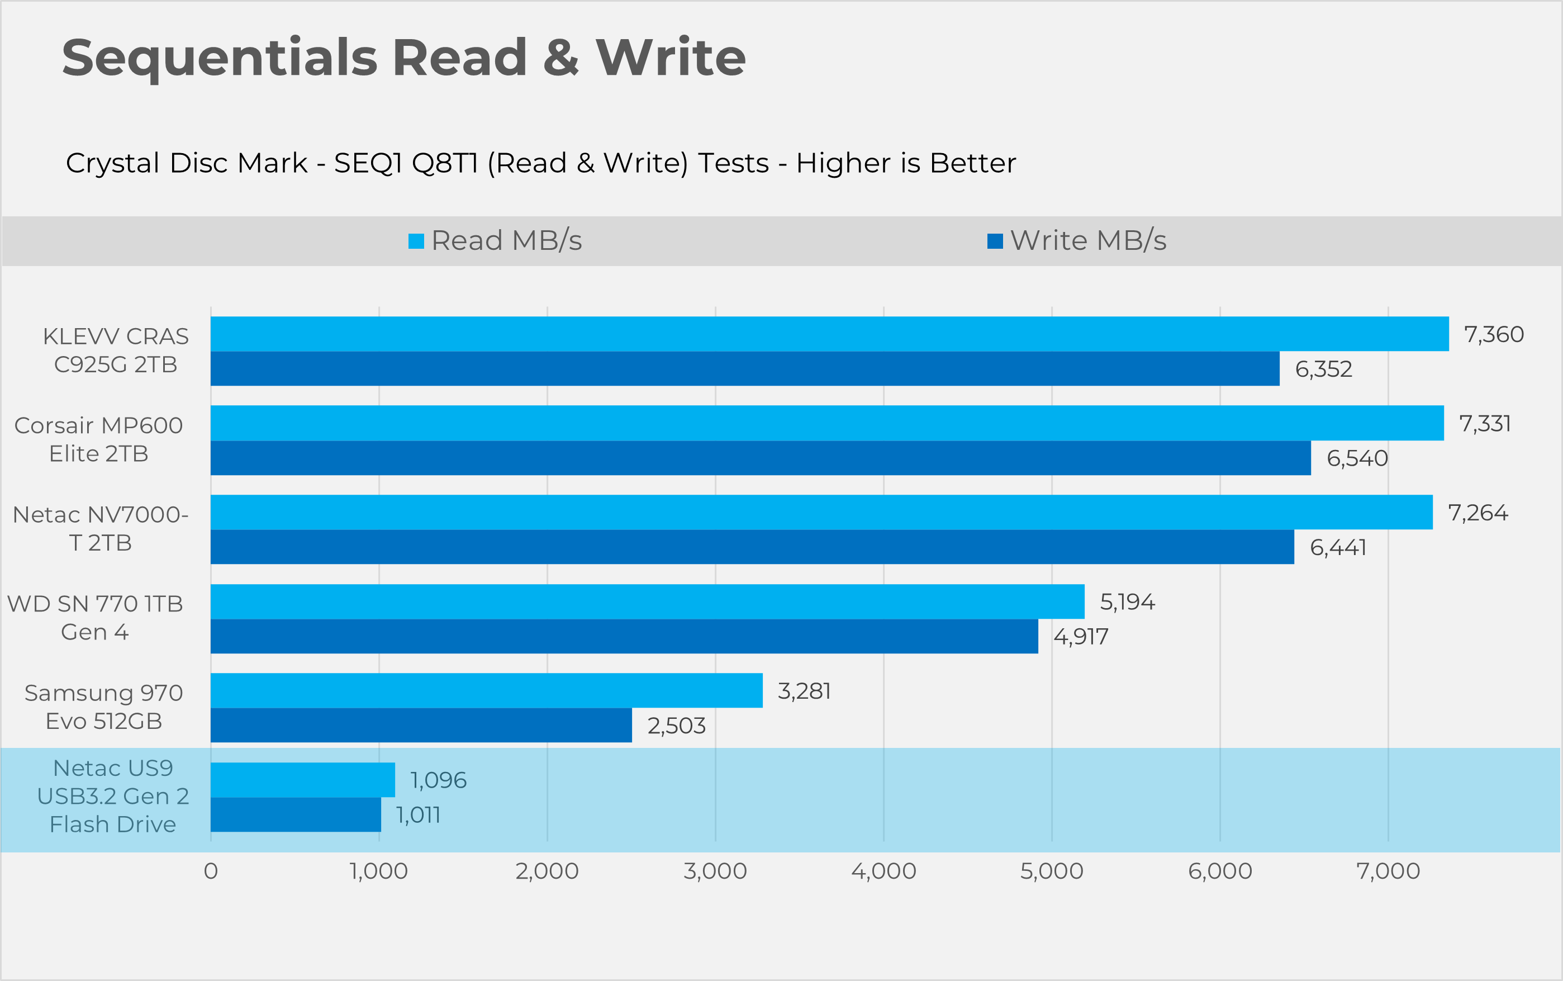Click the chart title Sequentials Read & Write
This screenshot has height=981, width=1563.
403,58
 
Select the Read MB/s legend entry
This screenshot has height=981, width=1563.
496,241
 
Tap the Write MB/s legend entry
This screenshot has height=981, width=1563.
1077,241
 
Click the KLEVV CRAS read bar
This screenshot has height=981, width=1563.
829,334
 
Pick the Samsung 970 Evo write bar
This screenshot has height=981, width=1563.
421,726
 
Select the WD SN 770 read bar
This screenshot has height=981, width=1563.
647,601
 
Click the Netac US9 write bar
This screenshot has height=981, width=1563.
296,815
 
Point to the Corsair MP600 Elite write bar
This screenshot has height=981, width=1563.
760,458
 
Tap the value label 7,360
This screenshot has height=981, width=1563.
1494,335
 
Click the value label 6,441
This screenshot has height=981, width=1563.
1338,548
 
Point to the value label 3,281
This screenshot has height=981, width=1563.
804,691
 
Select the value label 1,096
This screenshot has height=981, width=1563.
439,780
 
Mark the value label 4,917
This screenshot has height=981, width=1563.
1081,637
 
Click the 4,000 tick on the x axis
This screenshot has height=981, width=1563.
883,871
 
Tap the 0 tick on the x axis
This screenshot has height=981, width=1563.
211,871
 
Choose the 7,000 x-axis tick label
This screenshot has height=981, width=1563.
1388,871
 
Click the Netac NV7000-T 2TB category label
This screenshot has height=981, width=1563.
101,529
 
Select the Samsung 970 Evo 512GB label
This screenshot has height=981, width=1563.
104,707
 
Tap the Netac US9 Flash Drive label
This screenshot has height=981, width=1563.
113,796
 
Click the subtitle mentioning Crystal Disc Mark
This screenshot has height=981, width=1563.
540,163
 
